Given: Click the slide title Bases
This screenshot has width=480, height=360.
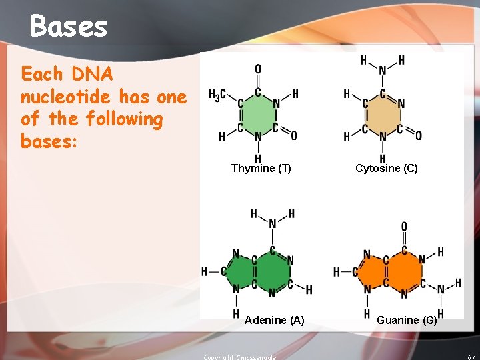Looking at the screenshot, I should coord(68,27).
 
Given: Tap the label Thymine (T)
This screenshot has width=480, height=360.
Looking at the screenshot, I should coord(261,169).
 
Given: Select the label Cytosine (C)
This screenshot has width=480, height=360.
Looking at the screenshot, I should coord(386,169).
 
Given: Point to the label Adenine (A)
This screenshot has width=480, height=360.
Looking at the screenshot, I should coord(274,321).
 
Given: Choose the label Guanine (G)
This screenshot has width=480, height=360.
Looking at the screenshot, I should coord(406,321).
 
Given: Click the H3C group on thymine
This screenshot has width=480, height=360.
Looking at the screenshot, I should coord(217,95).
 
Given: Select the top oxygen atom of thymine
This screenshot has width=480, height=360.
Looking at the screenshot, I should coord(258,69).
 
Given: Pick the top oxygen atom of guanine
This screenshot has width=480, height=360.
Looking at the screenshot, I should coord(404,227).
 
